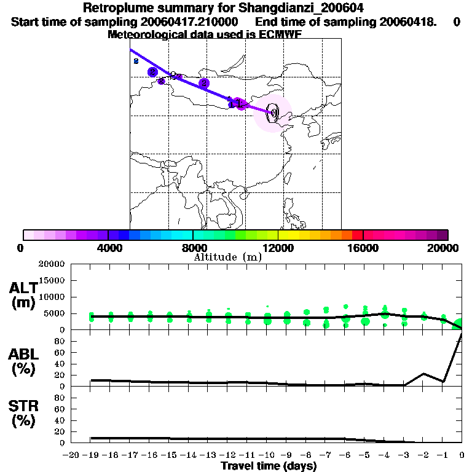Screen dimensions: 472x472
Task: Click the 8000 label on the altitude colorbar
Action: coord(193,248)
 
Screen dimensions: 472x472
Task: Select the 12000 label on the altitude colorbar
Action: coord(278,248)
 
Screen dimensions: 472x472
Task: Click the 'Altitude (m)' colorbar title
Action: coord(227,257)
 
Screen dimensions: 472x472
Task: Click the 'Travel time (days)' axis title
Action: coord(269,466)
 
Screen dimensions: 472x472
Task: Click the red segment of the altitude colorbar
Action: coord(357,235)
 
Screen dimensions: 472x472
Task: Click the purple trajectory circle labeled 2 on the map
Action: coord(204,83)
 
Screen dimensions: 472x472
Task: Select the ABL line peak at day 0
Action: coord(462,332)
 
